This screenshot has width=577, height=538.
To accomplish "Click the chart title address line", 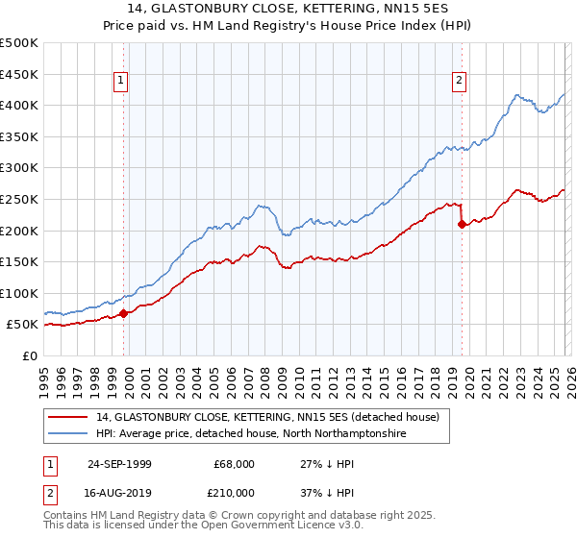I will click(288, 9).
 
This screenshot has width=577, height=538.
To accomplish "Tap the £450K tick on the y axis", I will click(19, 74).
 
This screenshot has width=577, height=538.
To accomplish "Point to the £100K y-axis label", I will click(19, 293).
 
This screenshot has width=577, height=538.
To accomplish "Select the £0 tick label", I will click(30, 355).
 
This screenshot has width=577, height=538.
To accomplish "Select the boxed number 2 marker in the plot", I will click(460, 82).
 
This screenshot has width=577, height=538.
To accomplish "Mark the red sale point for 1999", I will click(124, 313).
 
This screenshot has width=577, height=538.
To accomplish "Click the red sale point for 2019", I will click(462, 224).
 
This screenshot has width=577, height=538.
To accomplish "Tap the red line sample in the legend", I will click(68, 417).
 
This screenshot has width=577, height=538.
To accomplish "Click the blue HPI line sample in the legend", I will click(68, 433).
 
